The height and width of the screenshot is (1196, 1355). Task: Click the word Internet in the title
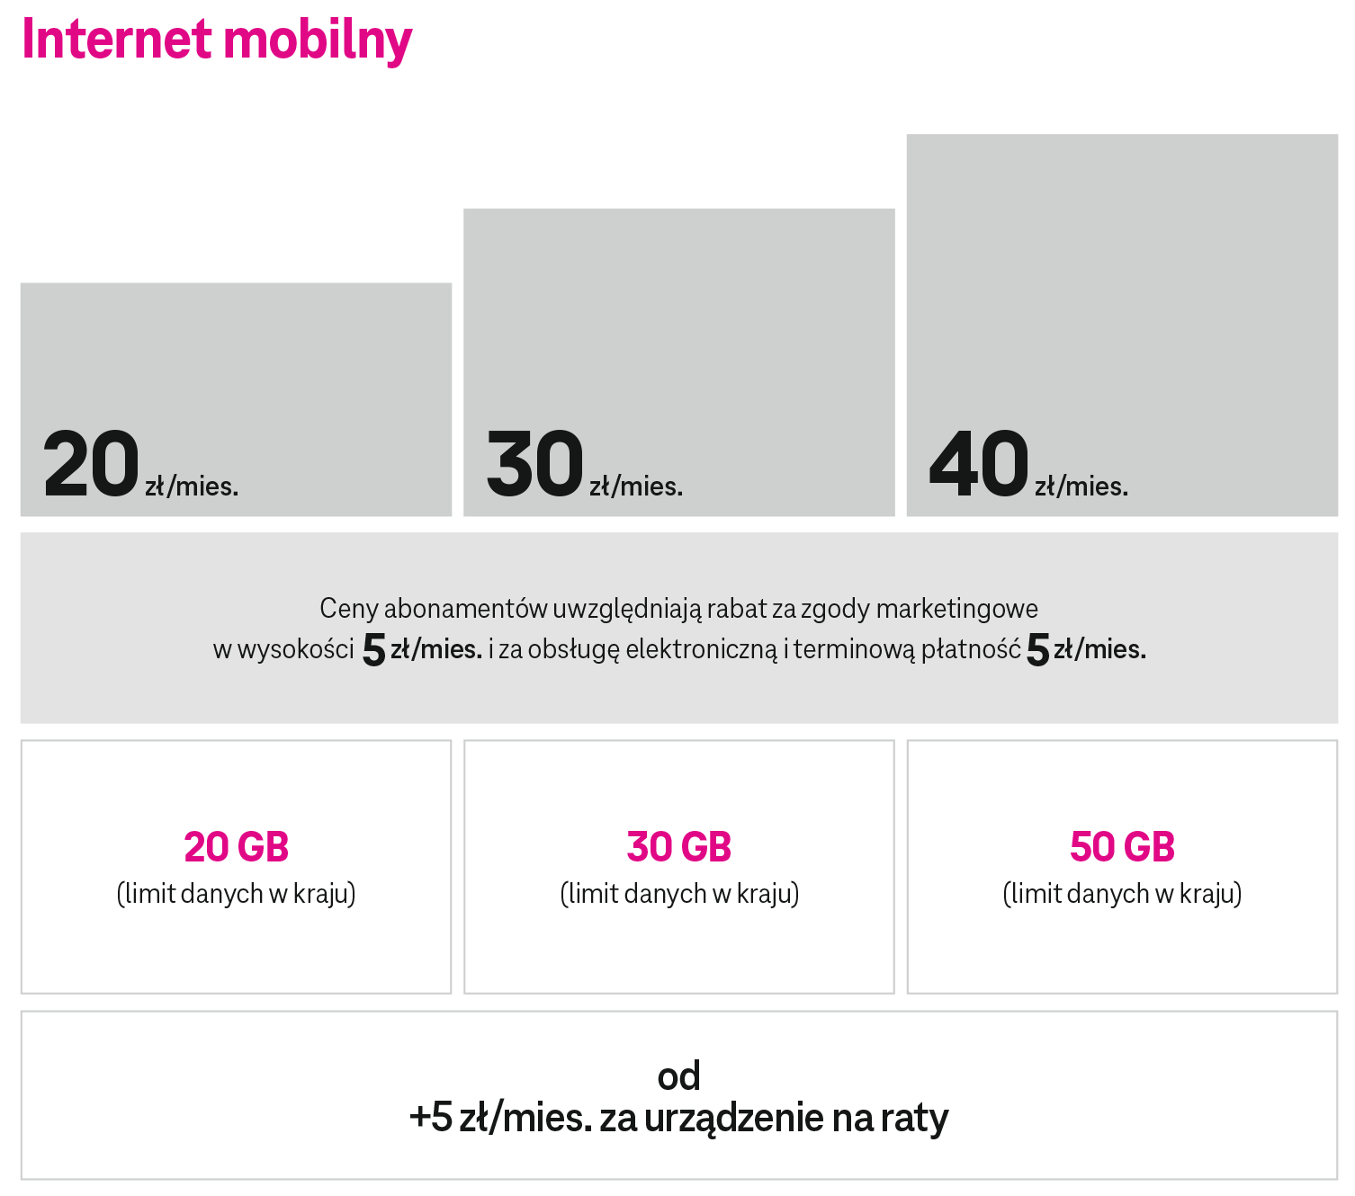(117, 40)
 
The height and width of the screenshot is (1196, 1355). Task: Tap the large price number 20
(91, 464)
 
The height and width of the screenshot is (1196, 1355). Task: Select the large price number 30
(535, 464)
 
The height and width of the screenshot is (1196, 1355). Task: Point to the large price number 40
(979, 464)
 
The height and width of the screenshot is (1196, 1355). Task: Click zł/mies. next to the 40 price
(1081, 486)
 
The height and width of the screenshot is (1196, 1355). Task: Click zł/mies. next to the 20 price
(192, 486)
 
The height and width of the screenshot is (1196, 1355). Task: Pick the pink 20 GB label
(236, 847)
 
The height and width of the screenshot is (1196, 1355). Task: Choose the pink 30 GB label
(679, 847)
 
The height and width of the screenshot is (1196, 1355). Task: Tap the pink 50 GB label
(1122, 847)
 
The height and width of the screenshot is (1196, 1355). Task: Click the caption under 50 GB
(1122, 894)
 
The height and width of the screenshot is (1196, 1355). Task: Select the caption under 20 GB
(236, 894)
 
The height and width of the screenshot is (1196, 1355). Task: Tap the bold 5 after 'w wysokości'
(373, 649)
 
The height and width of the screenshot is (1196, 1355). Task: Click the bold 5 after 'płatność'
(1037, 649)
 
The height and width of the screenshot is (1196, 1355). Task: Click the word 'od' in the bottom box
(678, 1076)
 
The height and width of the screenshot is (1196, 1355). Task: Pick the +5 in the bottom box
(430, 1118)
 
